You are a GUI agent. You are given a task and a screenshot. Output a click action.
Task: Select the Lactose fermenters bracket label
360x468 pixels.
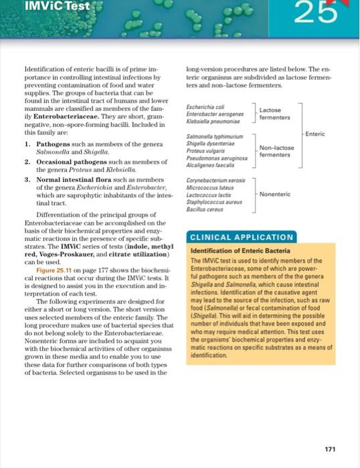coord(270,112)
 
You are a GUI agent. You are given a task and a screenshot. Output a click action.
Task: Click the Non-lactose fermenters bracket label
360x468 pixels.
coord(274,150)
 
